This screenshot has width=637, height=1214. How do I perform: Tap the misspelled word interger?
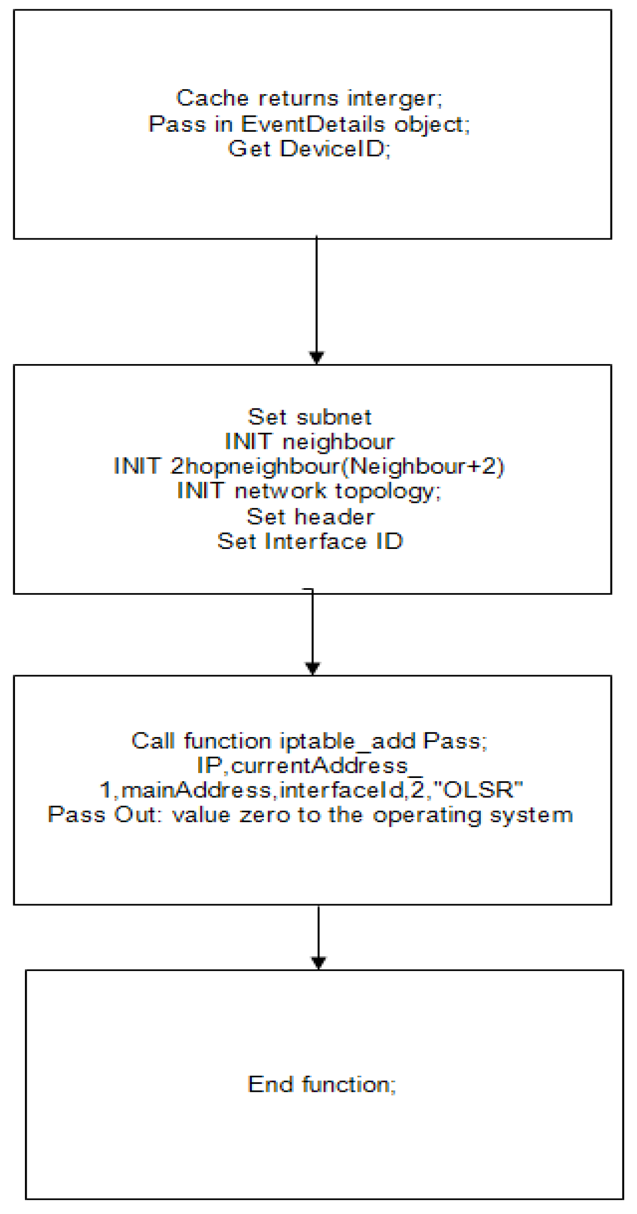coord(394,98)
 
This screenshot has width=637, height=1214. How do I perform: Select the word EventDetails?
coord(313,123)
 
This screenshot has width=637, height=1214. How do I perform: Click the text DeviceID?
coord(334,148)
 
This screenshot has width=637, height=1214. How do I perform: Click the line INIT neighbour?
coord(309,442)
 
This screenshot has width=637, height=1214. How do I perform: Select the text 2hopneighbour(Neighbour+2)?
coord(337,466)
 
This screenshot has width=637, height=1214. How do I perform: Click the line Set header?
coord(310,516)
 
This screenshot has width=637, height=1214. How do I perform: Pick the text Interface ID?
coord(334,541)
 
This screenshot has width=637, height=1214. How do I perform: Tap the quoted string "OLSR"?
coord(477,790)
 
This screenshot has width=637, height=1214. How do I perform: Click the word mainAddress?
coord(196,790)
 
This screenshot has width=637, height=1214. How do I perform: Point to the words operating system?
coord(473,815)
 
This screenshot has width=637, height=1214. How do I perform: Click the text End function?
coord(322,1084)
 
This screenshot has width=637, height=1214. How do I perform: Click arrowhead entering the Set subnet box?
coord(316,357)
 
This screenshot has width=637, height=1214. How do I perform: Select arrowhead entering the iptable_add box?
coord(313,668)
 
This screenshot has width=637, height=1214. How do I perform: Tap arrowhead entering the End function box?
coord(318,963)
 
